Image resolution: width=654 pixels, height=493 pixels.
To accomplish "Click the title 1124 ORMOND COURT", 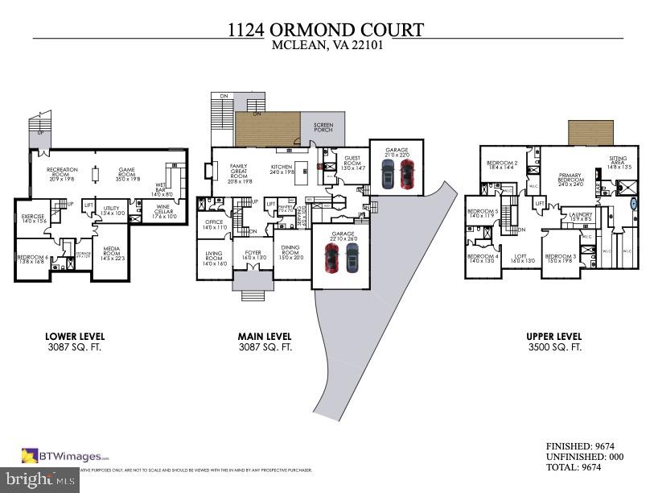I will tap(326, 30).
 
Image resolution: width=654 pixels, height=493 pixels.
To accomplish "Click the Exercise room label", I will tap(33, 217).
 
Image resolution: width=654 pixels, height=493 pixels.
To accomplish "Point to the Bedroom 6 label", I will tap(33, 259).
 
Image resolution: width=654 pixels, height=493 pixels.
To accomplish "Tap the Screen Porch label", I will tap(323, 126).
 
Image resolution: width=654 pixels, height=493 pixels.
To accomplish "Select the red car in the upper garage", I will tap(406, 173).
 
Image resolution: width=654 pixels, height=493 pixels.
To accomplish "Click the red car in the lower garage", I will tap(331, 258).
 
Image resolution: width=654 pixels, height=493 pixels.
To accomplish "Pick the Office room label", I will tap(214, 225).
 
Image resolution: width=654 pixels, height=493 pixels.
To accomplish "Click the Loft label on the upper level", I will tap(521, 259).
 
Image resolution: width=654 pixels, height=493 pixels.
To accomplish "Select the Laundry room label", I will tap(581, 216).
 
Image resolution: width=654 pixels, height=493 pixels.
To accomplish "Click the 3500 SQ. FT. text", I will tap(553, 347).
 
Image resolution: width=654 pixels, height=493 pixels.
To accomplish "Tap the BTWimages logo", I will tap(64, 455).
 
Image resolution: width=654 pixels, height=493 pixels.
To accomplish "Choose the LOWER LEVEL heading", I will tap(76, 336).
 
